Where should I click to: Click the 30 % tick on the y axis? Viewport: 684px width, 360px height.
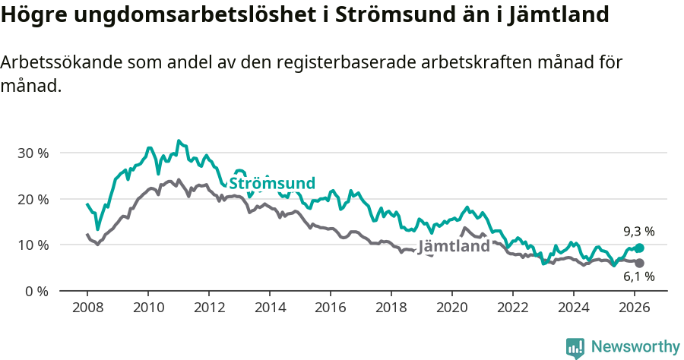tap(32, 153)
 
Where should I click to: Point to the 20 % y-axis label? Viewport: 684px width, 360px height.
tap(32, 199)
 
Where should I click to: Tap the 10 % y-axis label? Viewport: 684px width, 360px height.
tap(32, 245)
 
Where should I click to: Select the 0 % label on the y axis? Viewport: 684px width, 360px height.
tap(36, 291)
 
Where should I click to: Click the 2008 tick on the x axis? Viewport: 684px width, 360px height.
tap(87, 308)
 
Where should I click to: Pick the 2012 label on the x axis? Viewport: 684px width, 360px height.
tap(209, 308)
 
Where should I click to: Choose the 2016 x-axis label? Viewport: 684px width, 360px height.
tap(331, 308)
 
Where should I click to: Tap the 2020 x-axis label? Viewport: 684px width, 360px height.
tap(452, 308)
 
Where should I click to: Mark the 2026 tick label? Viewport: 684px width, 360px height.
tap(635, 308)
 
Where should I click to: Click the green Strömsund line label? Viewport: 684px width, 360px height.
tap(272, 183)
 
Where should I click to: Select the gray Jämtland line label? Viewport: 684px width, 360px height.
tap(454, 247)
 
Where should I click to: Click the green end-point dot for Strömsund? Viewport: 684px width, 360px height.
tap(639, 248)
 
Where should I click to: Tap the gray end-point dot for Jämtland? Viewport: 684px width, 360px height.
tap(639, 263)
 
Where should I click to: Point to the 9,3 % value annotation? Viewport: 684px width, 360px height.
tap(639, 231)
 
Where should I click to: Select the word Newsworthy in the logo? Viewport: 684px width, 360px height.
tap(635, 347)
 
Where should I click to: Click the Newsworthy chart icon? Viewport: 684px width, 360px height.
tap(575, 348)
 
